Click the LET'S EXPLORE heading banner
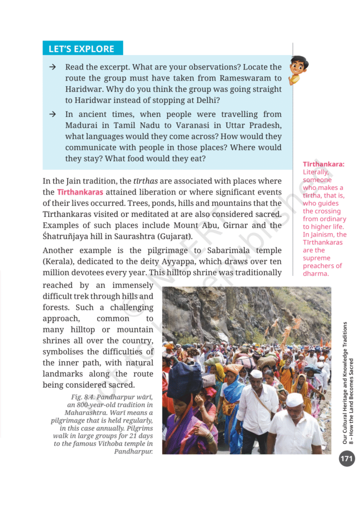tap(81, 48)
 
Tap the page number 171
tap(346, 458)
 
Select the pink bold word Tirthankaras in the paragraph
tap(80, 192)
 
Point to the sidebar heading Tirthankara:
tap(323, 164)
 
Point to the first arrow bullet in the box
tap(52, 67)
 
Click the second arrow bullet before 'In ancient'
tap(52, 114)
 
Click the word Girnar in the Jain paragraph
tap(232, 225)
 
